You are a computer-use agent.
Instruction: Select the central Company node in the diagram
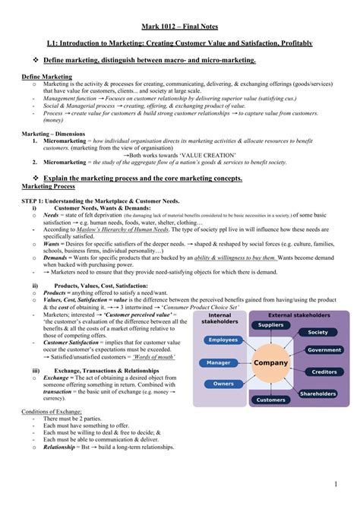(x=271, y=363)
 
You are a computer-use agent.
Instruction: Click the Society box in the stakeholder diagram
(x=317, y=333)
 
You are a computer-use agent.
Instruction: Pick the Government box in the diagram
(x=324, y=350)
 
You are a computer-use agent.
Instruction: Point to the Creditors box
(x=324, y=371)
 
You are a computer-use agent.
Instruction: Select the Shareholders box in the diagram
(x=317, y=394)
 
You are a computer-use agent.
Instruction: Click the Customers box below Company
(x=271, y=400)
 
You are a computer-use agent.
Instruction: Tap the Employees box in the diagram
(x=223, y=340)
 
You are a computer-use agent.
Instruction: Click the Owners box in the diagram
(x=223, y=384)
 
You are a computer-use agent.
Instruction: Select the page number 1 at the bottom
(x=335, y=484)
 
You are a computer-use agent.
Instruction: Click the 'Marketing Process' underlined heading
(x=48, y=185)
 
